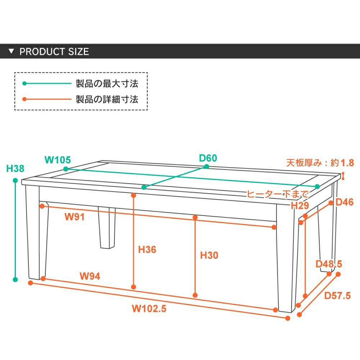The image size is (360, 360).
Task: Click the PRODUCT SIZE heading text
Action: click(x=54, y=51)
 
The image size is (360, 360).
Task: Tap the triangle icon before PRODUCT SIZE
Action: click(x=12, y=51)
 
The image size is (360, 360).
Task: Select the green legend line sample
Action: click(x=47, y=84)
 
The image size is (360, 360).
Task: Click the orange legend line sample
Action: click(x=47, y=99)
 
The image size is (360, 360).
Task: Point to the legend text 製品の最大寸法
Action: click(x=107, y=84)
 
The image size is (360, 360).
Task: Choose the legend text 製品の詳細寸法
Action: click(x=107, y=99)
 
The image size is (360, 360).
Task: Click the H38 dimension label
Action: click(x=15, y=168)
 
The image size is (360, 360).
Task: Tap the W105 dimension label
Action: click(x=58, y=159)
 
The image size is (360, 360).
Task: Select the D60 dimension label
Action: click(x=208, y=158)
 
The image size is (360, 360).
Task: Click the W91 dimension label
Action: click(x=75, y=217)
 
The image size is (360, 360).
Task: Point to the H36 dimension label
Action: click(x=147, y=249)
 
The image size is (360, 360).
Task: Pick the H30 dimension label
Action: click(x=209, y=255)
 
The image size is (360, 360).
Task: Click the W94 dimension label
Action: click(x=90, y=276)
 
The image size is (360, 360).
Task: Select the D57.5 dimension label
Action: click(x=337, y=296)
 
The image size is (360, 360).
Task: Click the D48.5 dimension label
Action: click(x=329, y=264)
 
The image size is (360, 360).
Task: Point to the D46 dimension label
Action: click(x=345, y=202)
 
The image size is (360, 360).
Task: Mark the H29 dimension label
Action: click(x=300, y=206)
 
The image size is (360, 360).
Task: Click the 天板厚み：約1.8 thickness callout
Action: click(x=320, y=163)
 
